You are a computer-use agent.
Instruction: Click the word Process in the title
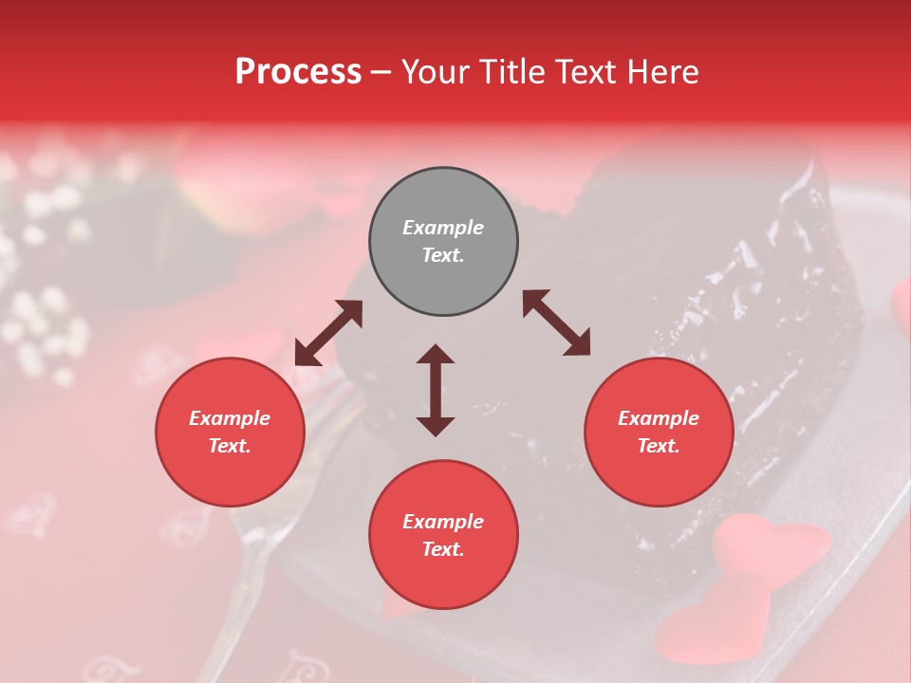pos(298,72)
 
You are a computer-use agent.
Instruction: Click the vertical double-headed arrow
pos(436,390)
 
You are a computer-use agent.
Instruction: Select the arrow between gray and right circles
pos(556,323)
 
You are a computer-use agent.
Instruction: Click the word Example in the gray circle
pos(443,228)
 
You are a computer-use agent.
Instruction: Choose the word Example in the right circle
pos(659,418)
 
